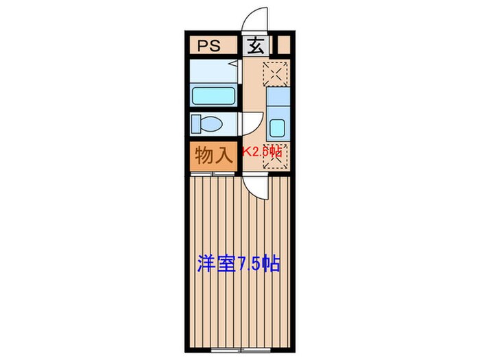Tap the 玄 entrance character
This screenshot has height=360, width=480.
coord(254,46)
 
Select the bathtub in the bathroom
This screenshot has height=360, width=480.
coord(213,95)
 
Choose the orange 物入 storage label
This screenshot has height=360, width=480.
coord(213,156)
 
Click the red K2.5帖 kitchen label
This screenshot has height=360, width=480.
coord(261,152)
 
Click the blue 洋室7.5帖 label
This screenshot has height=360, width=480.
coord(239,264)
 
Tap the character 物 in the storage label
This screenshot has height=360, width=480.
coord(204,156)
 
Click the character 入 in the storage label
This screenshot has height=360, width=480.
coord(224,156)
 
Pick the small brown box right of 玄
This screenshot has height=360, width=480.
coord(283,47)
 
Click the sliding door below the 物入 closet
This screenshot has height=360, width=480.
coord(213,174)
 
